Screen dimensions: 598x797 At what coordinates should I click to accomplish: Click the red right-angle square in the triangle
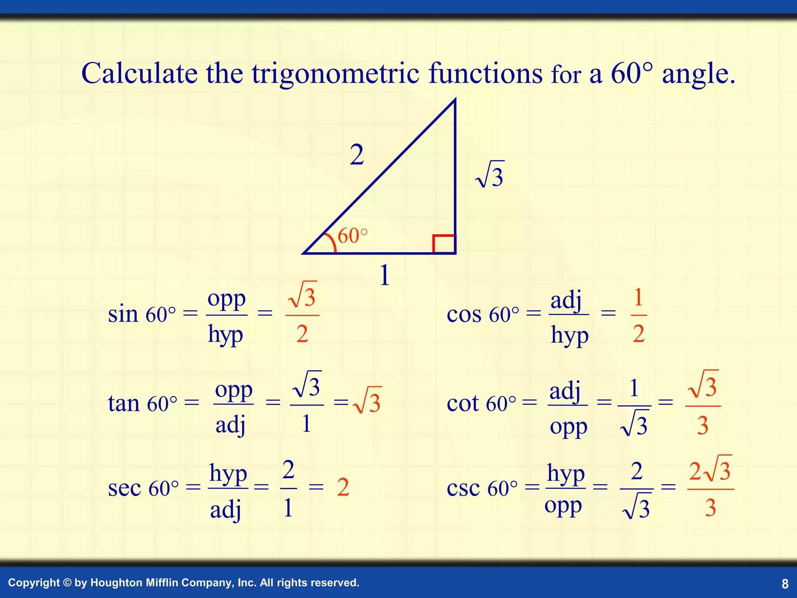coord(444,244)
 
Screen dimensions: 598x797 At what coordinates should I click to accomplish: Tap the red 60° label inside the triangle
coord(352,236)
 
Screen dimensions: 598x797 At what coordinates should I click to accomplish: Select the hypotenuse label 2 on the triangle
coord(356,155)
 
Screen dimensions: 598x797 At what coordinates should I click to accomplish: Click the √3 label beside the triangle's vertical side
coord(490,175)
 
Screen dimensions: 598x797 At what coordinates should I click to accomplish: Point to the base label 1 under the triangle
coord(384,276)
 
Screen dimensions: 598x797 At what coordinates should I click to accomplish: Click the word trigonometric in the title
coord(335,74)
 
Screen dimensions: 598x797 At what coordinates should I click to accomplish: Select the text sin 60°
coord(142,314)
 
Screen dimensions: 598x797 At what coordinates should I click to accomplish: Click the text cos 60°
coord(483,314)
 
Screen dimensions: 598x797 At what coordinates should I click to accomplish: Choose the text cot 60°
coord(481,403)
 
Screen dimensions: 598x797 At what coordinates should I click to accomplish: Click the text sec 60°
coord(143,488)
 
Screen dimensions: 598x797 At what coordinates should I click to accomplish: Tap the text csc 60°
coord(482,488)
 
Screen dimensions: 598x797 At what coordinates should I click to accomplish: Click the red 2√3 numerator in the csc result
coord(711,470)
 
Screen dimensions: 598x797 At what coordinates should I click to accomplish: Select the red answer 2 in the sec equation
coord(343,487)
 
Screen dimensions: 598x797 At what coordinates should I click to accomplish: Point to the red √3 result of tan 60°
coord(367,401)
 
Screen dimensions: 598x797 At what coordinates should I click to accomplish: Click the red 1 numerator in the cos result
coord(638,298)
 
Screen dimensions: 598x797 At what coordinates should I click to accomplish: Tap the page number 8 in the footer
coord(785,584)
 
